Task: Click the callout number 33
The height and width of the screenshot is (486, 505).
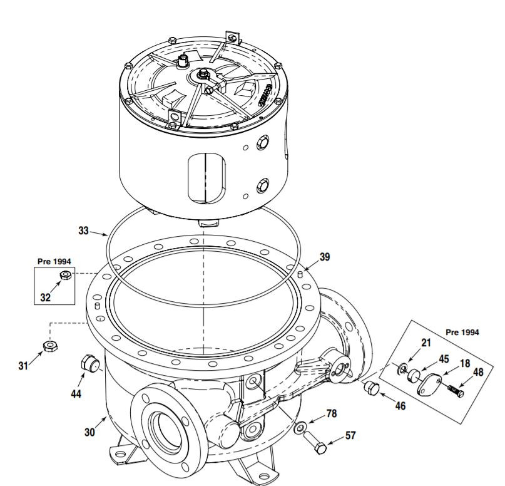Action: point(84,230)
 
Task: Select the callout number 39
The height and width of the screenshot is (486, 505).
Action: point(324,256)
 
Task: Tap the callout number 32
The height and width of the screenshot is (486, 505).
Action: point(45,297)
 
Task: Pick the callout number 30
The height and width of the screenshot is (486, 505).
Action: point(90,432)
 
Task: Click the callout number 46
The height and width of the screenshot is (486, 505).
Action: point(399,406)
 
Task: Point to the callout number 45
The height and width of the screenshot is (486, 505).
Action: point(443,359)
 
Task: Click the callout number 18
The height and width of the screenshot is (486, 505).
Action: point(465,363)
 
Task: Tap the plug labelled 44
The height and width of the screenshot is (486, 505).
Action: point(88,363)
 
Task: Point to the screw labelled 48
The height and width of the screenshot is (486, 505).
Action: point(456,391)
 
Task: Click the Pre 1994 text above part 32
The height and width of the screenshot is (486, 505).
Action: point(53,261)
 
